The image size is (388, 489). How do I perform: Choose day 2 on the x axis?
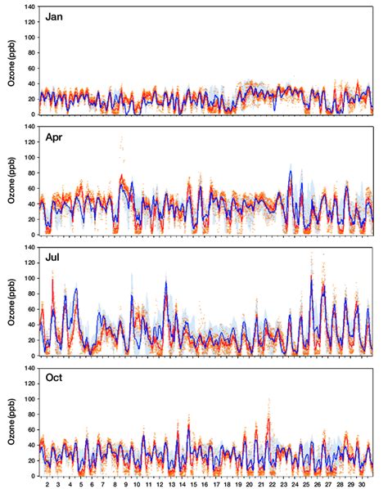coord(47,484)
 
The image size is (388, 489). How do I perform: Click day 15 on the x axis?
coord(192,484)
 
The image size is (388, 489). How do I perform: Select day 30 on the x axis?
coord(359,484)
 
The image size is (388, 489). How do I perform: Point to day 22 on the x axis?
coord(269,484)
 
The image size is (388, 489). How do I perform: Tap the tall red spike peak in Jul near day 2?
coord(52,280)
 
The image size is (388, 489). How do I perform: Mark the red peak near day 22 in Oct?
coord(268,419)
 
